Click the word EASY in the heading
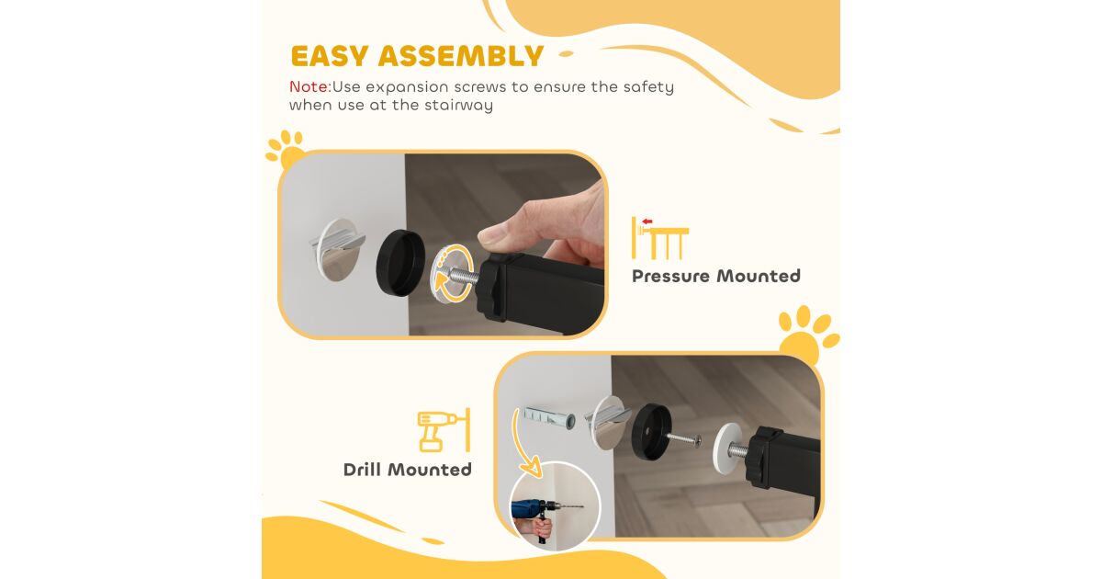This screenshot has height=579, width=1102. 330,56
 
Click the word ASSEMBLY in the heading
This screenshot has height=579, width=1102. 461,56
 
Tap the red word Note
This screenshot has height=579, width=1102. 310,86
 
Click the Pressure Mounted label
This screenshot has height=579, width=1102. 715,277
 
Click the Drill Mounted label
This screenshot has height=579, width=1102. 408,470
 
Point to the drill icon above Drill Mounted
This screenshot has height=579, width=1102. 444,430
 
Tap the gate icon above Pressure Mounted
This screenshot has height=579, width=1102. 659,239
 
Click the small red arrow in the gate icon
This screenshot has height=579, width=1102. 647,221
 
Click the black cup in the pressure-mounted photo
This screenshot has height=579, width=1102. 400,263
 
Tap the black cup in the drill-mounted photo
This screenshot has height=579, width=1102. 651,432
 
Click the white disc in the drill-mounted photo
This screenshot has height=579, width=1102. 727,448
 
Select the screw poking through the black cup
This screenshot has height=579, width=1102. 685,439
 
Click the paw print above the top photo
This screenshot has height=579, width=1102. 286,149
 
